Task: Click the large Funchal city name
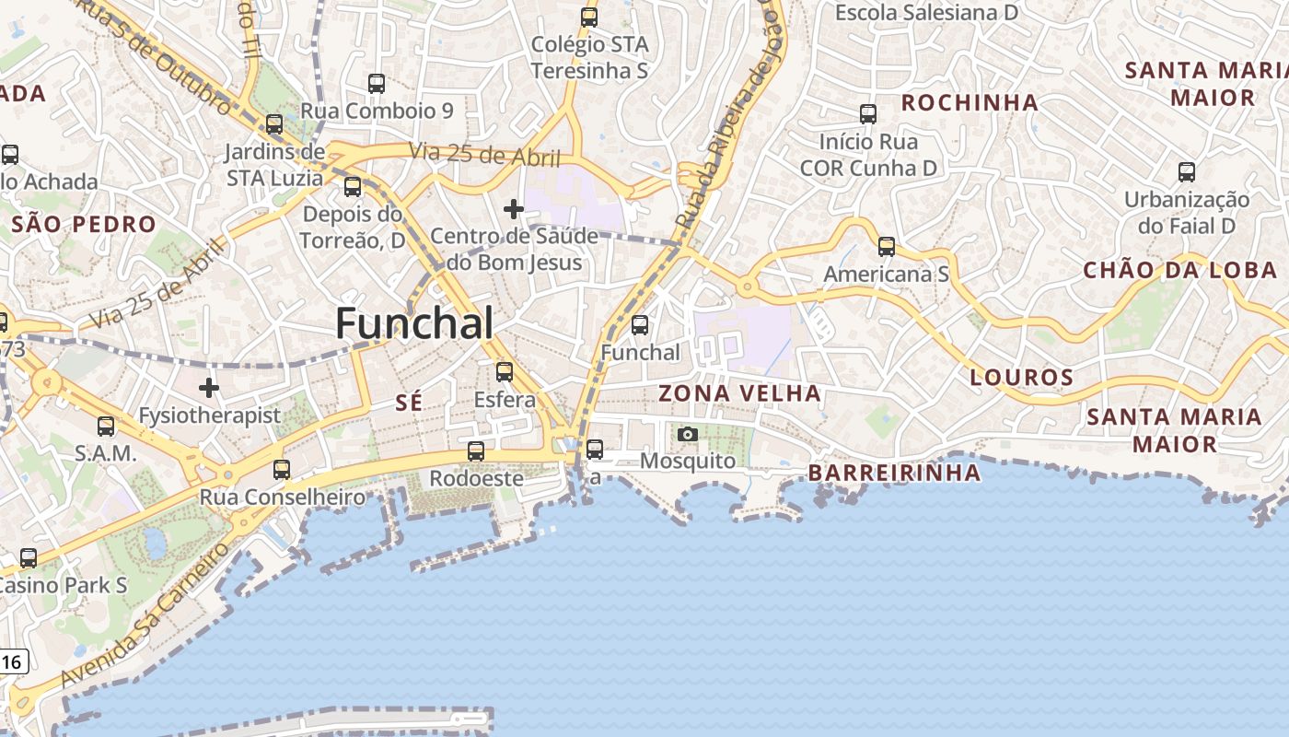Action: (x=414, y=323)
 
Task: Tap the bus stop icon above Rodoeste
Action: (x=476, y=451)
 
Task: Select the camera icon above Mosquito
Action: (x=688, y=435)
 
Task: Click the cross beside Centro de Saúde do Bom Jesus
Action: (x=514, y=210)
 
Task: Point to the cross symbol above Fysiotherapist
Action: (x=210, y=388)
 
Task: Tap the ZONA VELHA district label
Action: (x=739, y=393)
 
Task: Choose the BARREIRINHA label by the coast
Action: (x=894, y=473)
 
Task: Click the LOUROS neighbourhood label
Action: (x=1022, y=377)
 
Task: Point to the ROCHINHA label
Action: (x=970, y=102)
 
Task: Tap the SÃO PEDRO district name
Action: (x=84, y=224)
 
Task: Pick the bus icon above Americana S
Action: (x=887, y=247)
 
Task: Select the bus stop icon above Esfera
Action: (x=505, y=372)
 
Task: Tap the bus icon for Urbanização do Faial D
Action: (x=1187, y=171)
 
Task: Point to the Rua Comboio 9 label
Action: (x=377, y=111)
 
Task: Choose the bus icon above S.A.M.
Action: (x=106, y=427)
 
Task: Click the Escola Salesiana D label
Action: (x=926, y=13)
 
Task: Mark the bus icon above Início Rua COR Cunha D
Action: (x=868, y=114)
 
